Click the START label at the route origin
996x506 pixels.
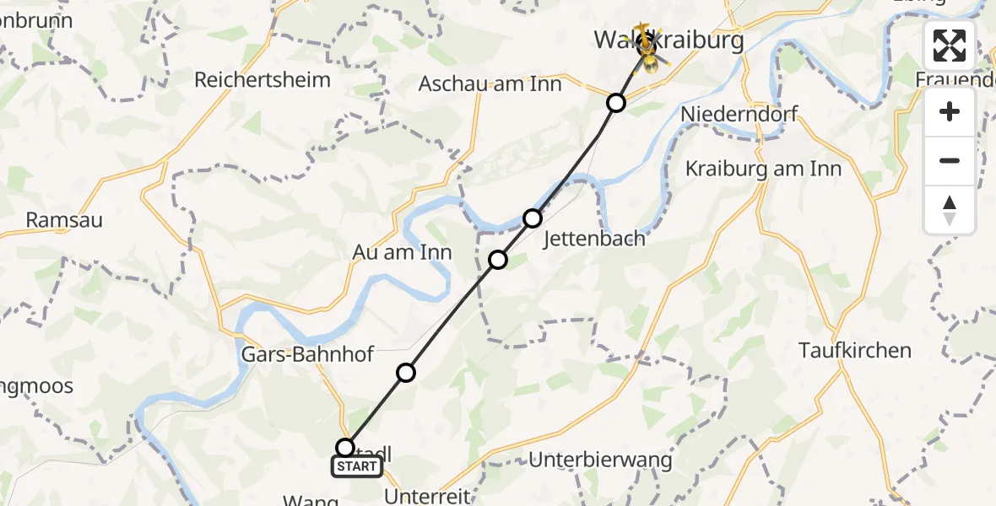357,466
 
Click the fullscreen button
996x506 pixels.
950,46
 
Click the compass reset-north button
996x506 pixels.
950,210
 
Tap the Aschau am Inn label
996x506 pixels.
490,84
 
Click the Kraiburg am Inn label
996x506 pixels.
763,169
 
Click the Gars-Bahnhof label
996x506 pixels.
306,354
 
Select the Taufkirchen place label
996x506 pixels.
855,350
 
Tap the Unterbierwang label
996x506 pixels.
600,460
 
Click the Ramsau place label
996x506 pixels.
64,220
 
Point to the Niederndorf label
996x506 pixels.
739,114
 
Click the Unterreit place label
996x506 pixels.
428,494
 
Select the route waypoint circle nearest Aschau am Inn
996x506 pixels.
616,103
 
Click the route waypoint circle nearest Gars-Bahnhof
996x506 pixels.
406,373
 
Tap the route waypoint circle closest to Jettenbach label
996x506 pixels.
533,218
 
